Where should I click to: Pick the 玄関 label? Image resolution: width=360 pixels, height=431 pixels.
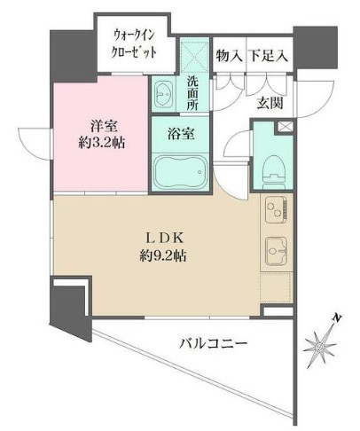click(270, 102)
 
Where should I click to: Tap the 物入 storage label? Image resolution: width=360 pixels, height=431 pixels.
click(229, 55)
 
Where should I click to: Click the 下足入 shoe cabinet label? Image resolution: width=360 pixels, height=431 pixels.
click(268, 55)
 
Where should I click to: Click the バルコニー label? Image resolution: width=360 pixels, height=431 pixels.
click(211, 342)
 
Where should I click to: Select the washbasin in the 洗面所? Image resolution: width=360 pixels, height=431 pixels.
click(166, 93)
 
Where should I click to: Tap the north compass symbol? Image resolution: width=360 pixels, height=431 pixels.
click(320, 341)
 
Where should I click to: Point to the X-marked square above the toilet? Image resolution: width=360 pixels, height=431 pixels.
click(284, 128)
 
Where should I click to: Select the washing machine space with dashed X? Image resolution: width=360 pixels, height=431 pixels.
click(193, 54)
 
